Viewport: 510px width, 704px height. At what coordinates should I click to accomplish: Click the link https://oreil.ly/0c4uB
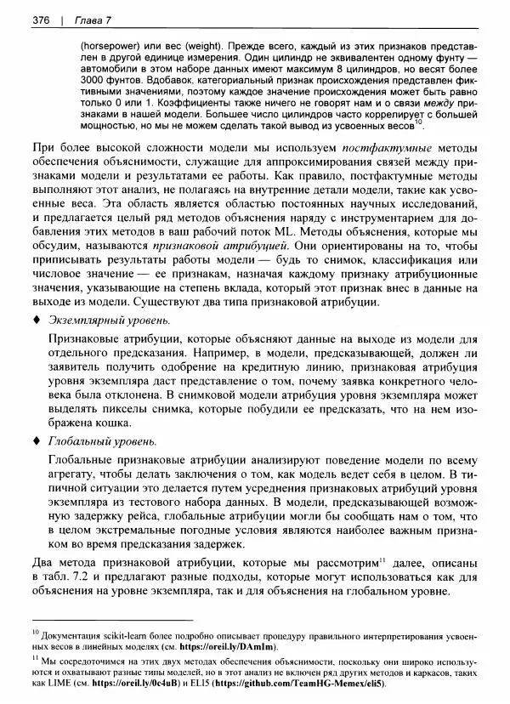(134, 684)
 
